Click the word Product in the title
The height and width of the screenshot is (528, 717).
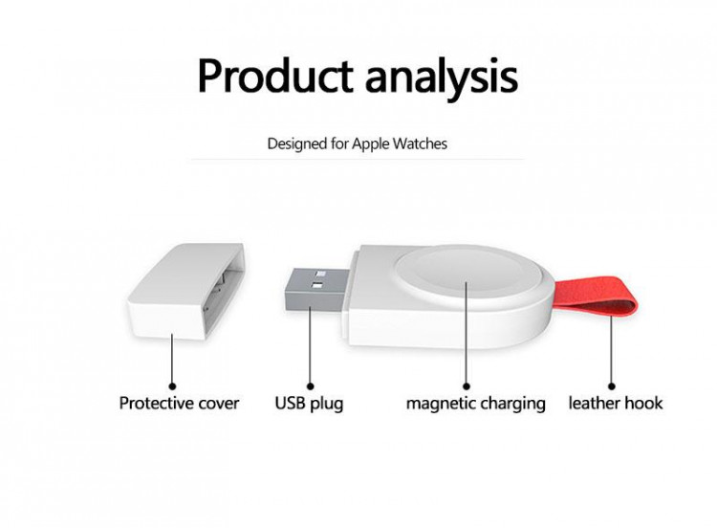point(274,76)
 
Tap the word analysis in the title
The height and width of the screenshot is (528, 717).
point(442,77)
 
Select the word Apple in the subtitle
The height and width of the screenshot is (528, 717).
point(370,144)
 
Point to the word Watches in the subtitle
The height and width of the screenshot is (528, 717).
point(420,143)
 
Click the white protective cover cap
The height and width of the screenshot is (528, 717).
point(185,292)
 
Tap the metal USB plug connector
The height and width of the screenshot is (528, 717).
point(317,290)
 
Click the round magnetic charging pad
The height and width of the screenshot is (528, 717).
point(467,275)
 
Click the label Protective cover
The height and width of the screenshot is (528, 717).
point(179,404)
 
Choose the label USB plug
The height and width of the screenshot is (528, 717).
point(309,404)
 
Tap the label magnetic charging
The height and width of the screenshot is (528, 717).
point(475,404)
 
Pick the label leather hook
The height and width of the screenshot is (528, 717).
point(616,404)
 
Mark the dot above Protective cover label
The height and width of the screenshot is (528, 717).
point(172,386)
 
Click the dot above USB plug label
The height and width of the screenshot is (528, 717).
point(310,386)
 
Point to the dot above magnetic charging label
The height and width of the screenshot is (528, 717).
point(467,386)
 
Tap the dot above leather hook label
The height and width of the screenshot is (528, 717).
point(612,386)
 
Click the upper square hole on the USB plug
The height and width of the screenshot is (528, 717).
point(320,275)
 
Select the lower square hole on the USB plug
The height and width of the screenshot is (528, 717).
point(317,286)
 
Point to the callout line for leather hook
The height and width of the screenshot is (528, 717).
point(612,349)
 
